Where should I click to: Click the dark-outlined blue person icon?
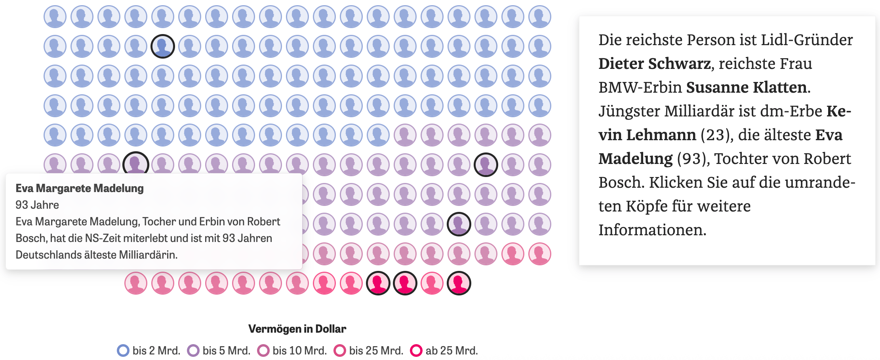click(x=163, y=46)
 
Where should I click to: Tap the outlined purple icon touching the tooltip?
click(x=136, y=163)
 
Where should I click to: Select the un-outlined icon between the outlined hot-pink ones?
click(x=432, y=283)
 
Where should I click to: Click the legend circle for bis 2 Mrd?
click(x=123, y=350)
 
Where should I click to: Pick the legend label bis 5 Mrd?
click(x=226, y=350)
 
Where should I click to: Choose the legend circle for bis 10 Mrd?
click(x=263, y=350)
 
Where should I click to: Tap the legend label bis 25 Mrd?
click(x=376, y=350)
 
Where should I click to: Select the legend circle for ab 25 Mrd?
click(x=416, y=350)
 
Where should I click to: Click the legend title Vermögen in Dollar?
click(x=297, y=329)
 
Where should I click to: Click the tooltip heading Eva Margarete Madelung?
click(x=80, y=188)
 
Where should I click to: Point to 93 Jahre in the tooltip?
click(x=37, y=205)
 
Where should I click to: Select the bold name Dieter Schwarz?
click(x=654, y=63)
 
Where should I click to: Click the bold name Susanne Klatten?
click(x=746, y=87)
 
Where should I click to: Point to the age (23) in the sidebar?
click(x=715, y=135)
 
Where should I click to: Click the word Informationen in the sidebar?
click(x=652, y=230)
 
